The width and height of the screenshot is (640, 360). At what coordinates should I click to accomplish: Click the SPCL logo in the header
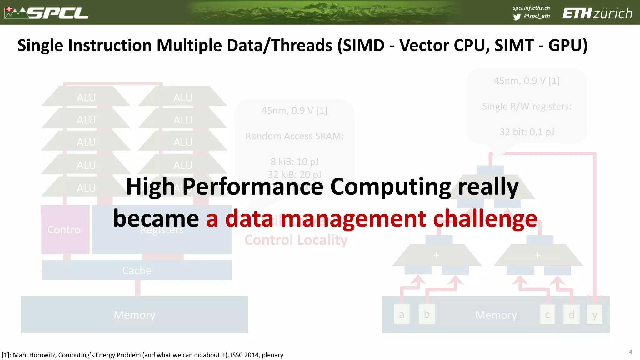pos(47,13)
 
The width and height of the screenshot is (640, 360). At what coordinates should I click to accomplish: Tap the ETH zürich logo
pos(597,13)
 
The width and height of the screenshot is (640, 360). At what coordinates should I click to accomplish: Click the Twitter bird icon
pos(517,17)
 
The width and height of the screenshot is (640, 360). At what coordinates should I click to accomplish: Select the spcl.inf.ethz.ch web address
pos(531,8)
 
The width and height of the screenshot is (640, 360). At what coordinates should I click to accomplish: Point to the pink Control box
pos(65,229)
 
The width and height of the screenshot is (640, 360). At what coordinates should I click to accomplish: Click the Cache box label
pos(137,270)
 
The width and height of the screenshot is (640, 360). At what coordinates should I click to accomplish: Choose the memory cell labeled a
pos(402,315)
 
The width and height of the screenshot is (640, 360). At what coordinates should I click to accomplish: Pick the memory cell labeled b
pos(427,314)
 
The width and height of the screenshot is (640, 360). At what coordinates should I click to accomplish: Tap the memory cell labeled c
pos(547,315)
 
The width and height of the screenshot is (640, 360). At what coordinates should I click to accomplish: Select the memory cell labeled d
pos(571,315)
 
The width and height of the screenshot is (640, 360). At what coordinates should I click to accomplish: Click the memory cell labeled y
pos(595,315)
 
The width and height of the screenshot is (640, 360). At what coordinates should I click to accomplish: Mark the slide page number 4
pos(630,352)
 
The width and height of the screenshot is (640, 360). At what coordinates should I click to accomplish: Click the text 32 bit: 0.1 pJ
pos(527,132)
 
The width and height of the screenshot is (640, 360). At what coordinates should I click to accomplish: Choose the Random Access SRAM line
pos(294,136)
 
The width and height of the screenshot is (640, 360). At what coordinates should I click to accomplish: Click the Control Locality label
pos(296,240)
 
